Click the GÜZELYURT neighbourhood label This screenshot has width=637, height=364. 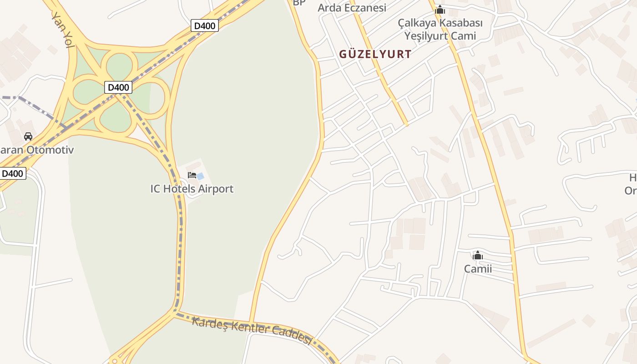(375, 55)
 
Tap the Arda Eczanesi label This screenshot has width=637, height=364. (352, 8)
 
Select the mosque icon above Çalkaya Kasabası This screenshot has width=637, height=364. (440, 10)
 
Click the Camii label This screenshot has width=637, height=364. (478, 269)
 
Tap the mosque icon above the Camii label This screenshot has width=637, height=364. (478, 256)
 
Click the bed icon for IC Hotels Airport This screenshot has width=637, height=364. (192, 175)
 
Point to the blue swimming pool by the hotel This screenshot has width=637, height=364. (200, 176)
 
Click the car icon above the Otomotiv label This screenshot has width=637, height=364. (28, 136)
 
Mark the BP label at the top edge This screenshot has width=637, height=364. (299, 3)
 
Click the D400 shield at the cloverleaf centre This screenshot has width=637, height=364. (118, 87)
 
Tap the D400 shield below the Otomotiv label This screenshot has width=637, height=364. (13, 173)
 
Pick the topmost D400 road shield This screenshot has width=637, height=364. (204, 26)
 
